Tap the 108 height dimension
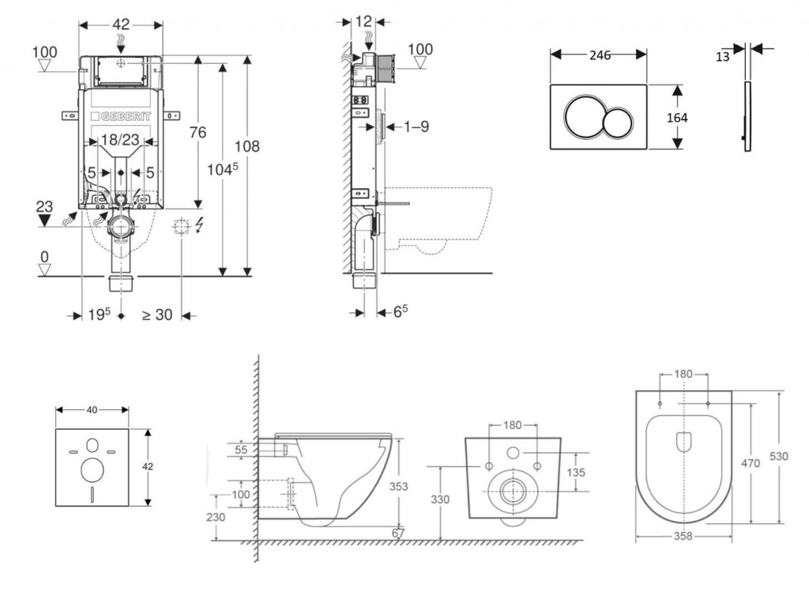(x=246, y=146)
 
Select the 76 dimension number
(x=198, y=132)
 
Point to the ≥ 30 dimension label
(x=157, y=315)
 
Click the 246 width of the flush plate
(x=600, y=55)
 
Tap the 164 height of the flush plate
(x=677, y=118)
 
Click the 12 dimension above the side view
(x=363, y=21)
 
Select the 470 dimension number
(x=750, y=464)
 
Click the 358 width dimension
(x=683, y=536)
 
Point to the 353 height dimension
(x=399, y=487)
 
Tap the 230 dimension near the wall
(x=215, y=518)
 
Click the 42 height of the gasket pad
(x=147, y=466)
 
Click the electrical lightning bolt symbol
(x=198, y=226)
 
